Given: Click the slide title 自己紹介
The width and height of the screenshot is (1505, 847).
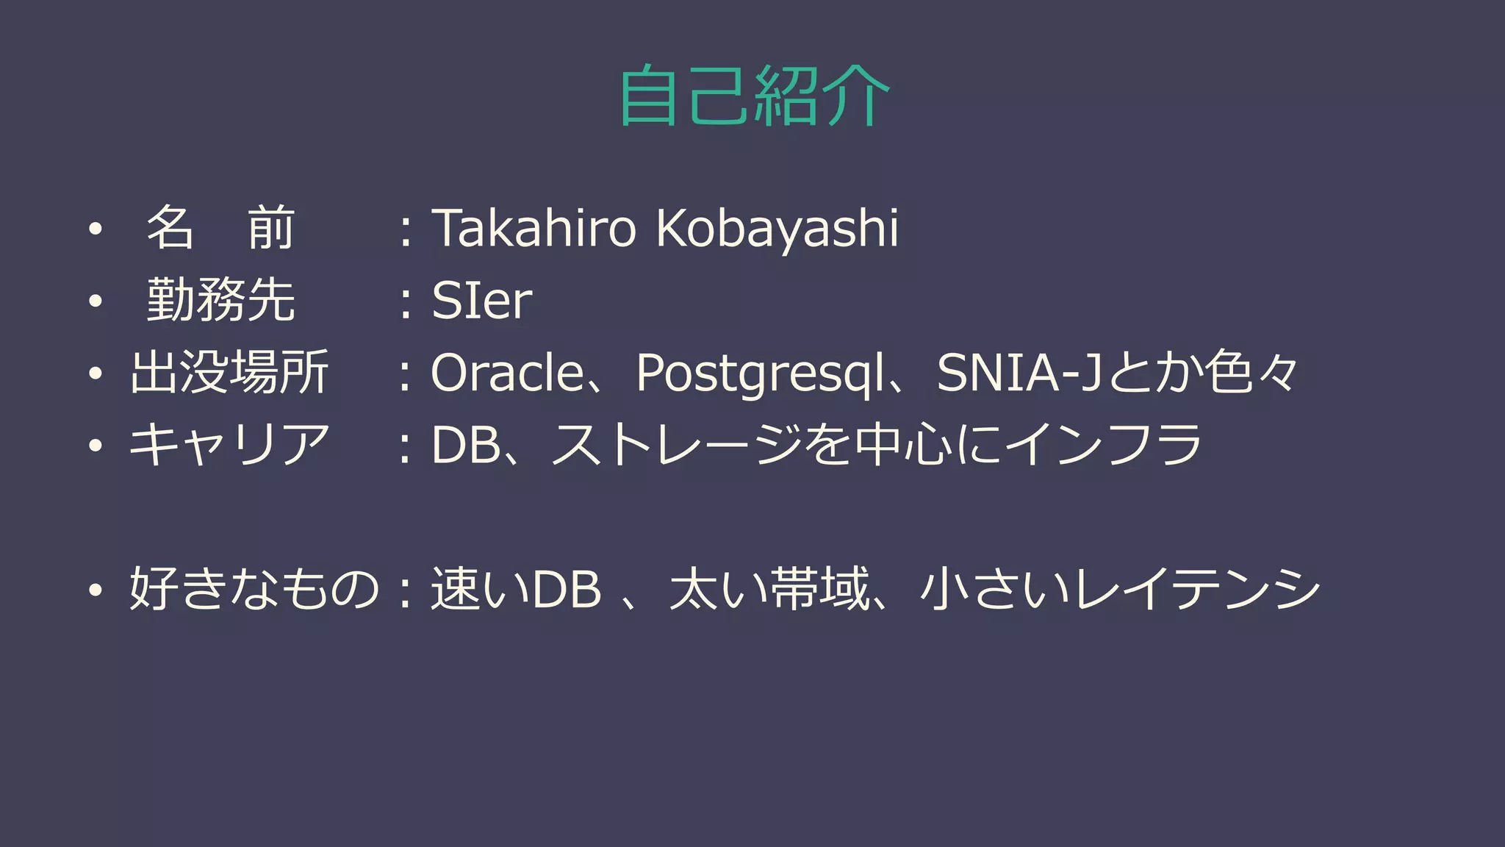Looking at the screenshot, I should coord(753,96).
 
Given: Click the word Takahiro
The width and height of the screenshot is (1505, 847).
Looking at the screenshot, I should coord(534,228).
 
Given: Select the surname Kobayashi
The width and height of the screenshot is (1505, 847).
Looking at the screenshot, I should coord(777,228).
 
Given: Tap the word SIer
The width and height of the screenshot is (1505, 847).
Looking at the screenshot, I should coord(481,301).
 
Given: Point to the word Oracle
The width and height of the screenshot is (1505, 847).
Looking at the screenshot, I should coord(507,373).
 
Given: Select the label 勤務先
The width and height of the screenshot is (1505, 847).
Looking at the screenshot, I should coord(220,301).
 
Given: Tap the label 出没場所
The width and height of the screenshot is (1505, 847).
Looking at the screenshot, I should coord(229,373).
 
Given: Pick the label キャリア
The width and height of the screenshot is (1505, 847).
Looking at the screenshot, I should coord(229,445).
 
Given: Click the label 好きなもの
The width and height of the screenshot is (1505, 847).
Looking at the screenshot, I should coord(254,589).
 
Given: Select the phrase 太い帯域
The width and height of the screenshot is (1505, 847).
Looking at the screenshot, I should coord(769,589).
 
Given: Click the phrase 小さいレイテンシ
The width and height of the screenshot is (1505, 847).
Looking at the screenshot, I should coord(1120,589).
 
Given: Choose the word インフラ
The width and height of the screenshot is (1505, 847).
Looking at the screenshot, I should coord(1103,445).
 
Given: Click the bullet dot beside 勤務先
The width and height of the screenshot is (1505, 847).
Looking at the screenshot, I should coord(95,301).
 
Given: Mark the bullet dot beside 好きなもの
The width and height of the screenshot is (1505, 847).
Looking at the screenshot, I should coord(95,590).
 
